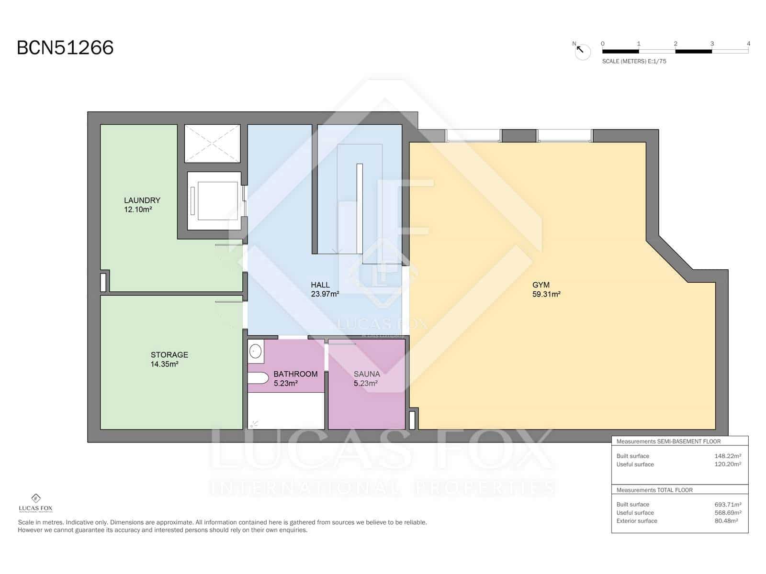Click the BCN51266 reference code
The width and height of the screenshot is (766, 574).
[65, 48]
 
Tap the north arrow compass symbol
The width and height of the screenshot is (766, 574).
[582, 51]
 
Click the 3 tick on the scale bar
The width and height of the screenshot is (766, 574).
[712, 44]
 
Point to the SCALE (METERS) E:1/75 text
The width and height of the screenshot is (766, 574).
[634, 61]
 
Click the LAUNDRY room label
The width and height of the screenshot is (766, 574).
[142, 200]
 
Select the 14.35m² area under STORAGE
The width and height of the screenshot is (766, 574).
[164, 364]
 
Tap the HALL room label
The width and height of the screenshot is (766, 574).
[320, 285]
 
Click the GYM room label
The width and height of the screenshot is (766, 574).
[541, 285]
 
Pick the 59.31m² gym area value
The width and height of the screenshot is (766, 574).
[546, 295]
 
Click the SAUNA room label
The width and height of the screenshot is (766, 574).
[367, 374]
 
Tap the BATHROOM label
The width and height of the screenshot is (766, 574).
[295, 374]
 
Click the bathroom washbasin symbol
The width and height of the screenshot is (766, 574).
[256, 352]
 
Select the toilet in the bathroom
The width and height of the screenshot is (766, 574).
[258, 378]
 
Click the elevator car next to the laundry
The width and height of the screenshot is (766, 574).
[214, 200]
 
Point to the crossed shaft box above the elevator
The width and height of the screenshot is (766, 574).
[212, 143]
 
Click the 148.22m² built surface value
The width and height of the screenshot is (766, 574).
[728, 456]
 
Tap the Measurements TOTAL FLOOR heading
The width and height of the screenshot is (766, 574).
[654, 490]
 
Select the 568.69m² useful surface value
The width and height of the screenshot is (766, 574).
[728, 513]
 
